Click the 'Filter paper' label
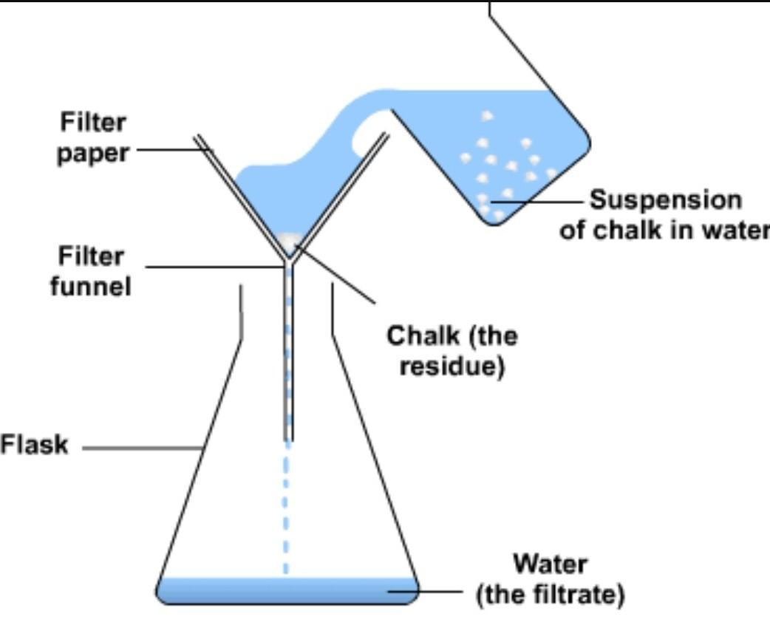tap(92, 138)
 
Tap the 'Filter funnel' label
tap(90, 271)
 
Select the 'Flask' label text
tap(34, 445)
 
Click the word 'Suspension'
tap(665, 200)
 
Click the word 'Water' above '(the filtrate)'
tap(551, 564)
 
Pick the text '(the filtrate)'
tap(551, 594)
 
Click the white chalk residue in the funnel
tap(289, 241)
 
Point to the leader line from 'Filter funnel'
tap(214, 266)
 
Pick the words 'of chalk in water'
tap(664, 231)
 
